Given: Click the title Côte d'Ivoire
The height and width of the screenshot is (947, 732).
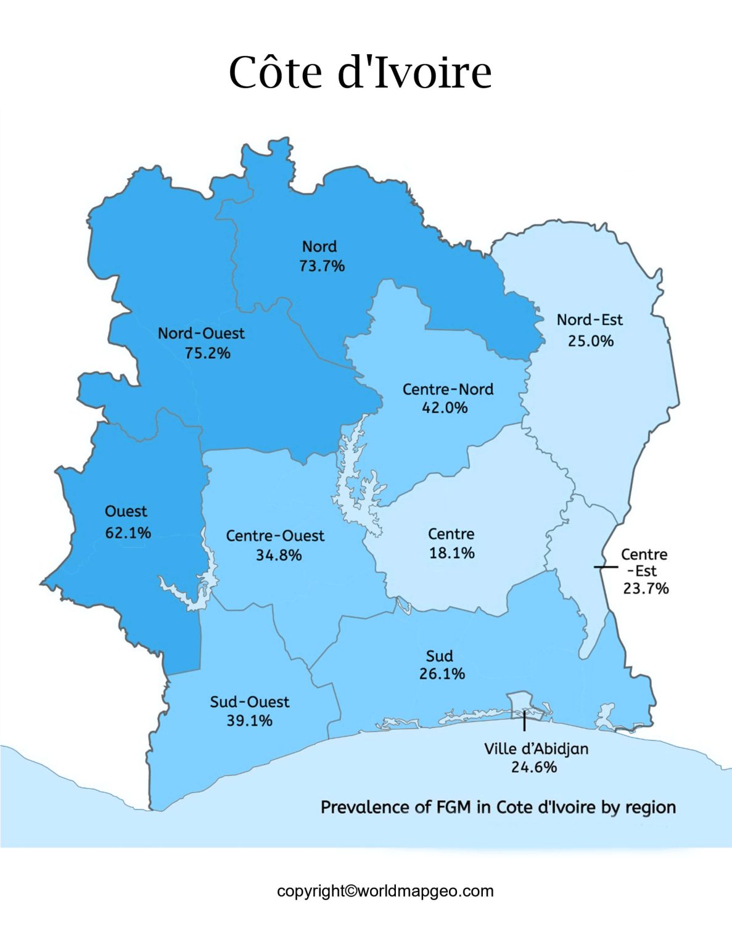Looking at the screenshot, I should (360, 72).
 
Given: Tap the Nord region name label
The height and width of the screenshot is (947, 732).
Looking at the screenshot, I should (319, 247).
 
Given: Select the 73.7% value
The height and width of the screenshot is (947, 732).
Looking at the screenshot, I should (322, 266).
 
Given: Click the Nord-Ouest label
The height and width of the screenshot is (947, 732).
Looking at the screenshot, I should (201, 334).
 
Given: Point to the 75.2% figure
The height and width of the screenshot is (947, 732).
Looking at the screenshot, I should (207, 353).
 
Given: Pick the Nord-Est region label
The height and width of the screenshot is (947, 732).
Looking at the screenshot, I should (590, 320).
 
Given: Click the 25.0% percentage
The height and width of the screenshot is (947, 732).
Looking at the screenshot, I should (591, 341).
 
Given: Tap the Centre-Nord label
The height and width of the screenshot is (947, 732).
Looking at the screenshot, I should (448, 389).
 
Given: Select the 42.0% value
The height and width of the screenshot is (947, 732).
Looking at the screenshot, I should (445, 408).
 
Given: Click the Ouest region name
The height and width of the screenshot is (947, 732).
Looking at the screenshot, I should (126, 511).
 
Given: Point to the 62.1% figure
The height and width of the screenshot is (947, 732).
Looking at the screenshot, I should (128, 532).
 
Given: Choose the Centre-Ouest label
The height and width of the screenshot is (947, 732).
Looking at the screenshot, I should (275, 536).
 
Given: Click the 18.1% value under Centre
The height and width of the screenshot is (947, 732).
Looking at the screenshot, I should (452, 552).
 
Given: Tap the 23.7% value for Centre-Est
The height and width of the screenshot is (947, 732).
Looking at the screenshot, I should (646, 588).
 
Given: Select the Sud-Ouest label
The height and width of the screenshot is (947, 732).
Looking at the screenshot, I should (250, 702).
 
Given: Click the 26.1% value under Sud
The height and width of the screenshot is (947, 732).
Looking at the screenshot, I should (442, 674).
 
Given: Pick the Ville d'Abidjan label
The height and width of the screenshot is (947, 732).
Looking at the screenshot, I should (536, 748).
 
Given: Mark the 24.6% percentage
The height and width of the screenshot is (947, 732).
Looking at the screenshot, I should (534, 767).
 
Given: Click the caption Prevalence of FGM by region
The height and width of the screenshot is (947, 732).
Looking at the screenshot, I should (498, 807).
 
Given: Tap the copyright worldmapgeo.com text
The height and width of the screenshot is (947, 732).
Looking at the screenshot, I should (385, 891).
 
